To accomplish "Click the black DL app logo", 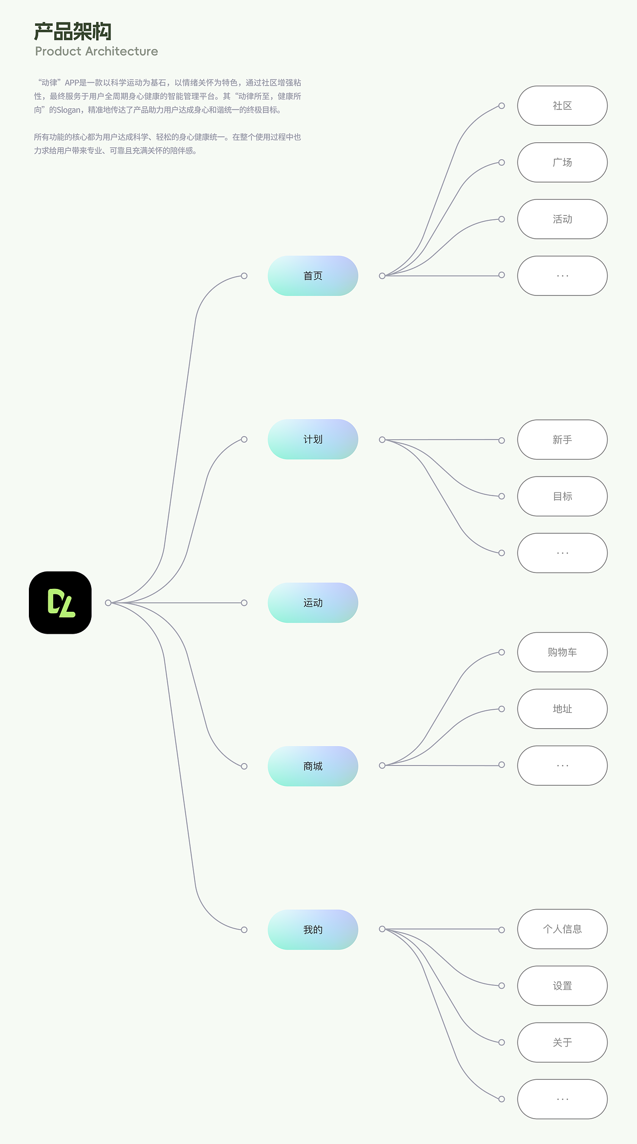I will [60, 602].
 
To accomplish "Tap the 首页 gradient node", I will [313, 276].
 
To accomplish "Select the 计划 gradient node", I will [313, 439].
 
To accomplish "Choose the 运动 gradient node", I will [313, 603].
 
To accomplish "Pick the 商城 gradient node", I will [313, 766].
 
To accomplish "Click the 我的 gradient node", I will [313, 930].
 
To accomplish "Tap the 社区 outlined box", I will [562, 106].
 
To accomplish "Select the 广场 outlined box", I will [562, 163].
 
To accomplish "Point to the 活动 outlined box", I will [562, 219].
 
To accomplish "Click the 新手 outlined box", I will [562, 440].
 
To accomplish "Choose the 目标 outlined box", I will [562, 496].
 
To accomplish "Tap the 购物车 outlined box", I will [562, 652].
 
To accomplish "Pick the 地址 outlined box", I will [562, 709].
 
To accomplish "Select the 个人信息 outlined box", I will [562, 929].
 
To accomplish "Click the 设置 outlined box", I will [562, 986].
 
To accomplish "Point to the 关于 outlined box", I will [562, 1043].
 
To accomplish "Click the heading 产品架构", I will [73, 32].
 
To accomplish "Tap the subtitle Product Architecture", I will [97, 51].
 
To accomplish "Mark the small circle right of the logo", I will [108, 603].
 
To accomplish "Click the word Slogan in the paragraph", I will [68, 110].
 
